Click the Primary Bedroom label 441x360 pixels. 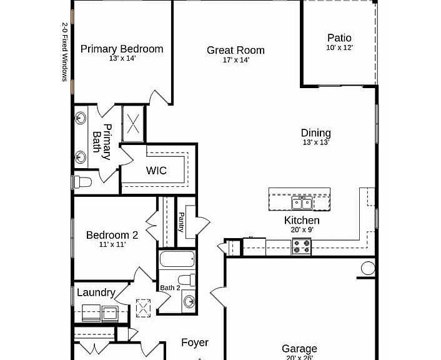coord(122,49)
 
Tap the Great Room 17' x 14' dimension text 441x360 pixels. coord(236,60)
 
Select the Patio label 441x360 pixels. coord(339,37)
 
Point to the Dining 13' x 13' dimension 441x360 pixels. coord(316,142)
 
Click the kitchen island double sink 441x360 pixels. coord(302,202)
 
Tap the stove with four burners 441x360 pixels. coord(302,246)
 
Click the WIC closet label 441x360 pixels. coord(156,171)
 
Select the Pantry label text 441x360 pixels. coord(181,222)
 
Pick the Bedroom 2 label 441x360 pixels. coord(112,235)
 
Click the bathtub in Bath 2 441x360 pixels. coord(177,259)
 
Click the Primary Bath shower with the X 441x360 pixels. coord(133,124)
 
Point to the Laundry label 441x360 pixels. coord(96,292)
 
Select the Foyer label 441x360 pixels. coord(195,342)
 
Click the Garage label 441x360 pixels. coord(299,349)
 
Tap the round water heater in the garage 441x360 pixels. coord(368,268)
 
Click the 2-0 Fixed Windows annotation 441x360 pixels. coord(65,52)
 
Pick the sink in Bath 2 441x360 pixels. coord(189,302)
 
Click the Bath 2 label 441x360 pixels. coord(170,287)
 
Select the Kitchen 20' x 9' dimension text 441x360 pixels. coord(302,230)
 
